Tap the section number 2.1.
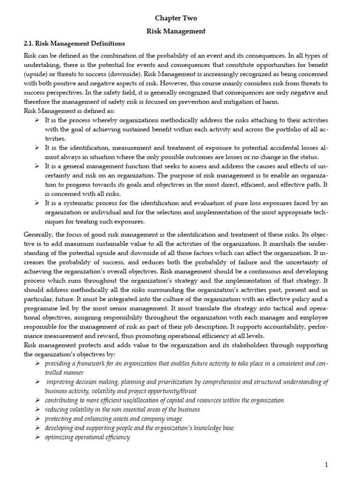(x=30, y=44)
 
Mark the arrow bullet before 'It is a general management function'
(x=36, y=166)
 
